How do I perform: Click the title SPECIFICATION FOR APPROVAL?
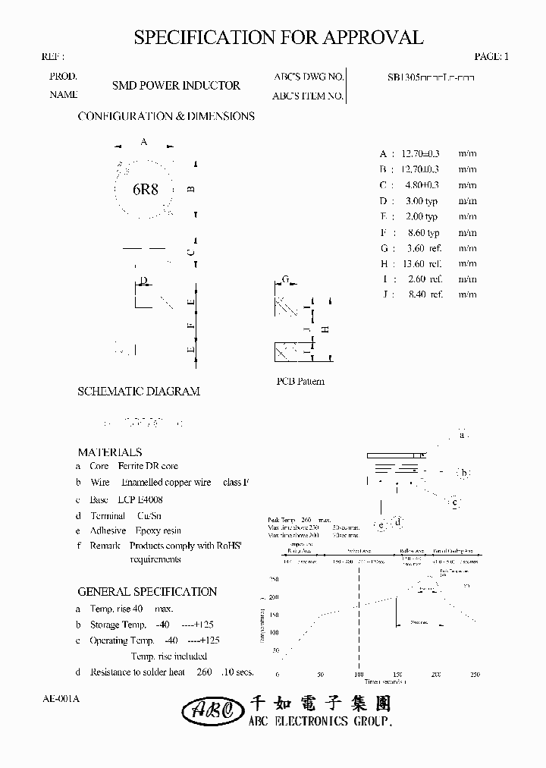tap(278, 37)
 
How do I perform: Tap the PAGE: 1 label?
tap(491, 57)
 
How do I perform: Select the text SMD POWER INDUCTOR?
tap(176, 86)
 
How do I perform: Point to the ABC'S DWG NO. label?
tap(308, 77)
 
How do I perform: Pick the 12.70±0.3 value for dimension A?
tap(419, 153)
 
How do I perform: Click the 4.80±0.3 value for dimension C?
tap(419, 185)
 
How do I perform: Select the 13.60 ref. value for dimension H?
tap(422, 263)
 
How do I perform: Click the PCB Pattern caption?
tap(300, 382)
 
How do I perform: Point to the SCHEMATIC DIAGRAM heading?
tap(139, 392)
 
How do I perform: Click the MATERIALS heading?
tap(110, 452)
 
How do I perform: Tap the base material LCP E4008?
tap(140, 500)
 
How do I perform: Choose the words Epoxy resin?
tap(158, 531)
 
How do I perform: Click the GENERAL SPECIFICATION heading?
tap(147, 592)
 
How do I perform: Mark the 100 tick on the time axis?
tap(358, 675)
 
